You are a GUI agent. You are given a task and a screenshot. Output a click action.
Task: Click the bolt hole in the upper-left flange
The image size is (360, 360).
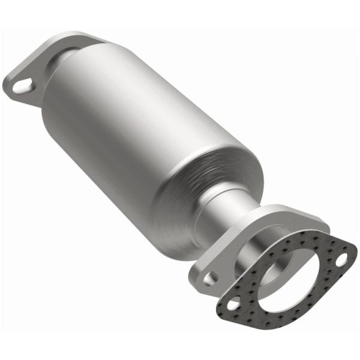coord(22,87)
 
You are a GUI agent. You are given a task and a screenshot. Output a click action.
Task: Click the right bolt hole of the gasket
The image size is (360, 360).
coord(341,260)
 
